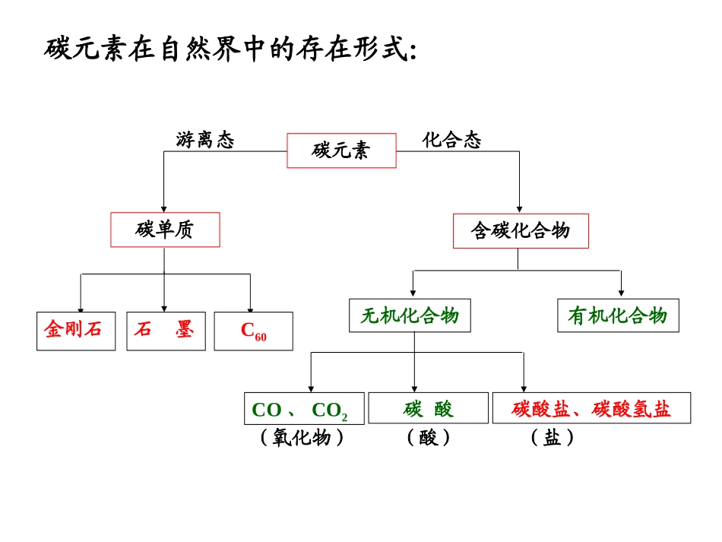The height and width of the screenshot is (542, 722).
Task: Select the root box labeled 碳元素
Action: coord(340,151)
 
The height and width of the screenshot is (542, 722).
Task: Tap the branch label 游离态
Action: coord(205,140)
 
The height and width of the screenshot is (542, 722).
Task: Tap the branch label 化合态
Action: coord(452,140)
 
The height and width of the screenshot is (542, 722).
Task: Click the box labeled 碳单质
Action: coord(165,230)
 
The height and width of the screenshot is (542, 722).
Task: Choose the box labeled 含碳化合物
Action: coord(520,230)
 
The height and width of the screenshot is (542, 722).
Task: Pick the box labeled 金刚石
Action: coord(76,331)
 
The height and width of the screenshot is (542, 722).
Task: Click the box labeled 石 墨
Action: coord(166,331)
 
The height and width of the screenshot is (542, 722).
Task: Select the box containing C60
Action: coord(253,331)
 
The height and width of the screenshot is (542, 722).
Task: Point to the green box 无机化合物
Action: coord(410,315)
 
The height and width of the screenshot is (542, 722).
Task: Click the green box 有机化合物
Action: coord(618,315)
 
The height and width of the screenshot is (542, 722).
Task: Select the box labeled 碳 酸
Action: coord(428,408)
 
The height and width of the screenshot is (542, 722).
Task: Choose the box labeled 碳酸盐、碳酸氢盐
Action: coord(591,408)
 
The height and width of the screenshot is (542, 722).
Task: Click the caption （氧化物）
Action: coord(302,438)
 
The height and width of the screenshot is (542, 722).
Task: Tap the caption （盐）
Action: coord(553,438)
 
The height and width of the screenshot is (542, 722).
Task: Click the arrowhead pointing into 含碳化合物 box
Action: coord(520,208)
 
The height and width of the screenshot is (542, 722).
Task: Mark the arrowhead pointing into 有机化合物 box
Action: coord(621,293)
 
